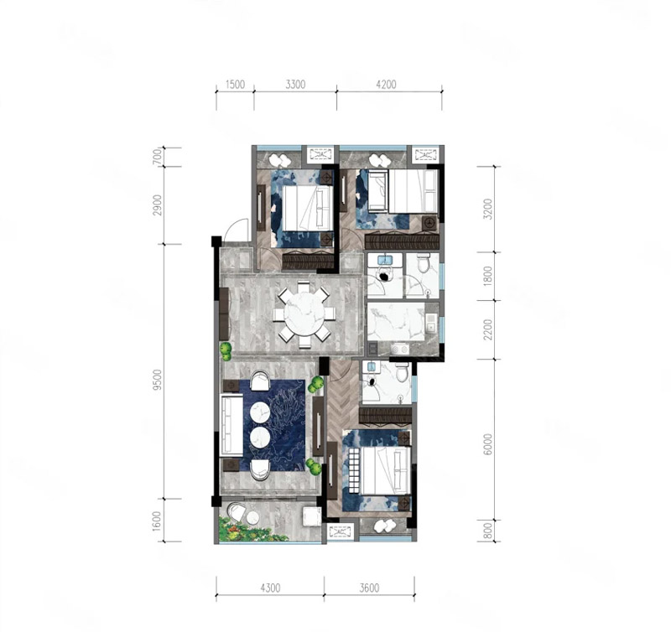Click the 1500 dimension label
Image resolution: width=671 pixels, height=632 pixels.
(235, 84)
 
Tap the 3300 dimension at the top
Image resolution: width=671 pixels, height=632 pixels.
(295, 84)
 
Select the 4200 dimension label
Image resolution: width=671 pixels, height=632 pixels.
(386, 84)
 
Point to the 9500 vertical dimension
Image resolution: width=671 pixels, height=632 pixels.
(158, 380)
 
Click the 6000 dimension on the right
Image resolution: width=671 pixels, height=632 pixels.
(487, 444)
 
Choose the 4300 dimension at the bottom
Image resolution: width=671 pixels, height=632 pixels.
(270, 588)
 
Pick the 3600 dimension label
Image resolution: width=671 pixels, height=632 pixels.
(369, 588)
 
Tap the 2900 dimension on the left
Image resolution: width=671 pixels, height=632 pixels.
(158, 205)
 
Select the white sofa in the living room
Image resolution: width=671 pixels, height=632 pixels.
(231, 425)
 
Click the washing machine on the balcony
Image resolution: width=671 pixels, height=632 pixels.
(311, 516)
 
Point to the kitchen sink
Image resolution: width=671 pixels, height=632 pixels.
(431, 324)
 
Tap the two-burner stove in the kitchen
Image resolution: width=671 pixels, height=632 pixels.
(400, 350)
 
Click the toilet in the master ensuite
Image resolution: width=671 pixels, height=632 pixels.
(402, 373)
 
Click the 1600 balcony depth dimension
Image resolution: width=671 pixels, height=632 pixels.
(158, 521)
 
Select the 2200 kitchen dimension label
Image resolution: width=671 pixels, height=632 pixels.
(487, 329)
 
